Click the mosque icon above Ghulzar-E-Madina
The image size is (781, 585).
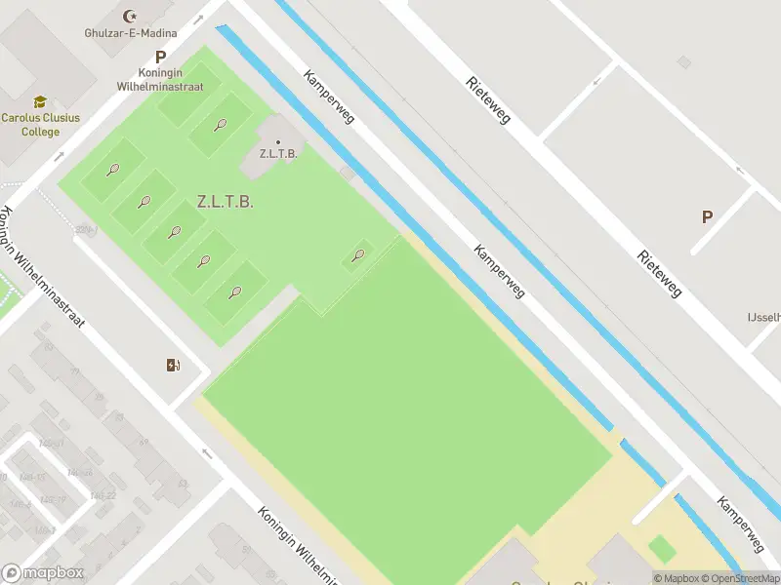[131, 16]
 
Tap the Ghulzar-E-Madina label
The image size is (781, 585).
[131, 32]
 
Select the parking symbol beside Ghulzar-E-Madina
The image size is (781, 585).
[160, 58]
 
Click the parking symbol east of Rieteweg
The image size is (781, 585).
[707, 217]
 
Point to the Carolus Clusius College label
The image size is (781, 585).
[40, 124]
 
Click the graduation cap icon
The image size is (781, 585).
[40, 101]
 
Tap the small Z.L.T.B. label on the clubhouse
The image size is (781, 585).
[278, 154]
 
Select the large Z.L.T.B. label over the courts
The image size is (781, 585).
[225, 202]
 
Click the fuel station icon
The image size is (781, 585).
[173, 365]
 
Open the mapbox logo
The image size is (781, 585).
[43, 573]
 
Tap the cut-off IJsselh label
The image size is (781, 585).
[763, 318]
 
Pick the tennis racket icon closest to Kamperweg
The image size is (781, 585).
[358, 256]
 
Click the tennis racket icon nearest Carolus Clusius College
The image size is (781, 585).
[113, 170]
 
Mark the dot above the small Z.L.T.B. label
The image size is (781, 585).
[278, 142]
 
